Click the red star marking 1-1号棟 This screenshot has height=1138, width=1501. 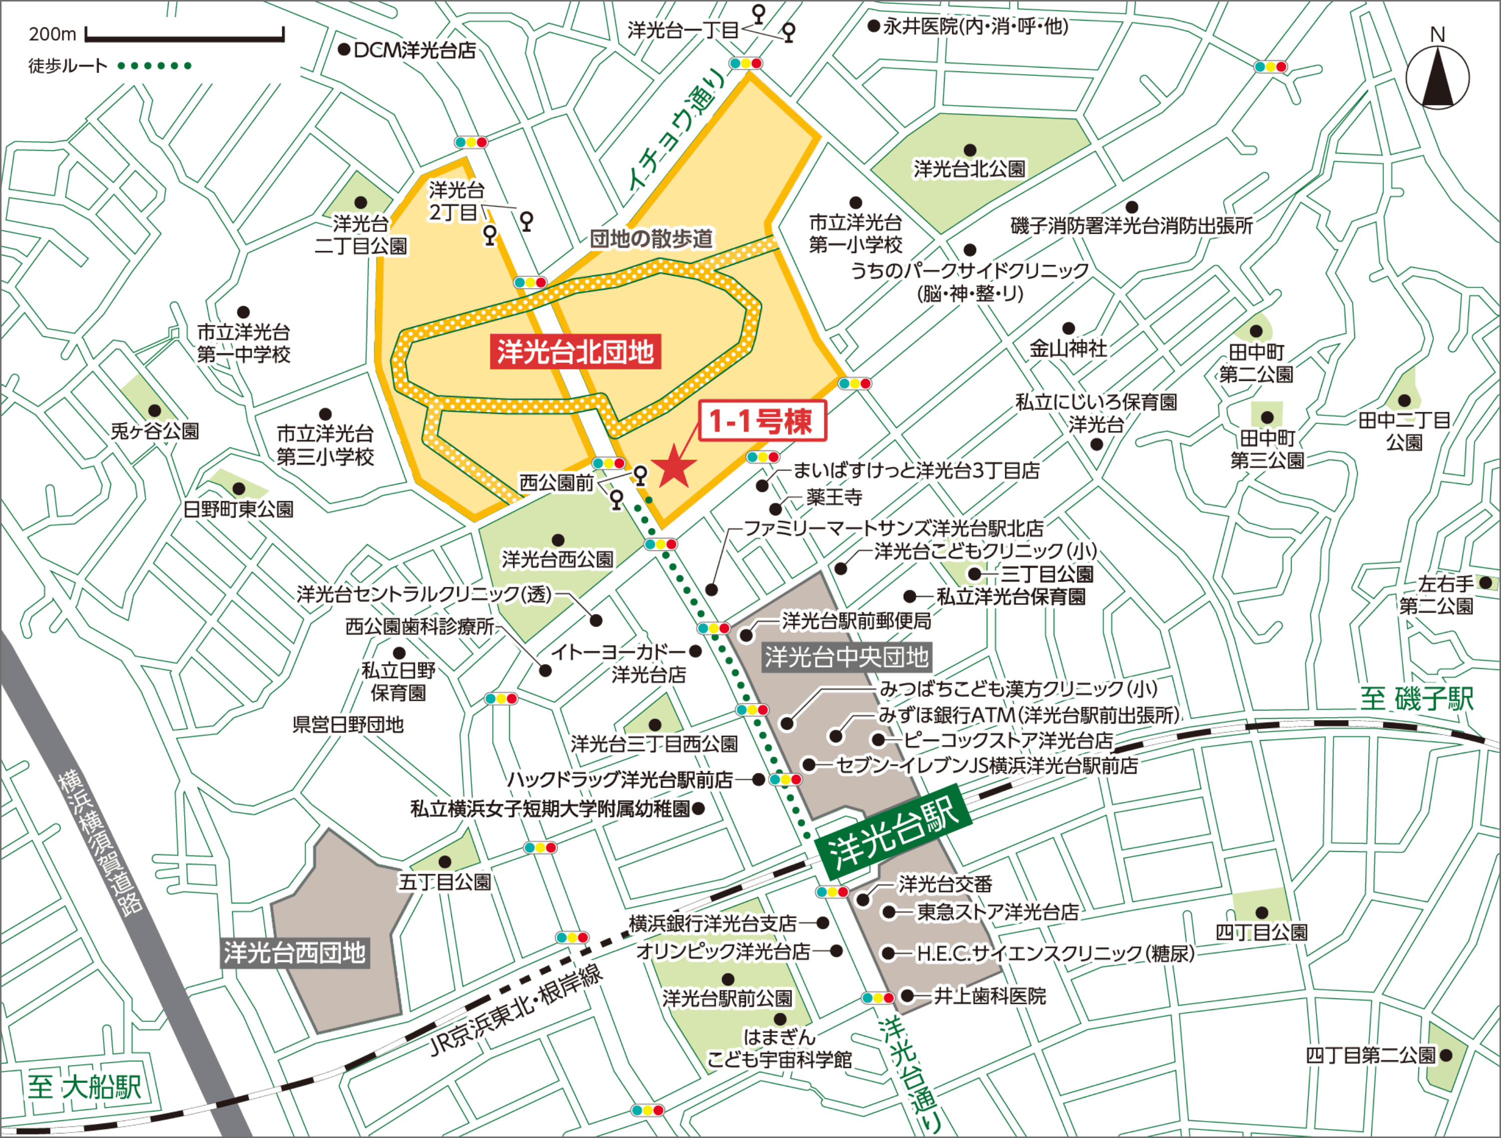[674, 465]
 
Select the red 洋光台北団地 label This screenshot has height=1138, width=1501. [575, 352]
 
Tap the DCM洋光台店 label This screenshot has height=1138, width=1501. [414, 50]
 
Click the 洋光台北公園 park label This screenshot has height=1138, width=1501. [969, 169]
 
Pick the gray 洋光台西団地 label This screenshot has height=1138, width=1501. [295, 953]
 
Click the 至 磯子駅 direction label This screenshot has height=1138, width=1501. [1417, 699]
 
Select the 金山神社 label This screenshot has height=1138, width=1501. [1068, 349]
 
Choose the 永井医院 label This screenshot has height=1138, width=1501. [976, 27]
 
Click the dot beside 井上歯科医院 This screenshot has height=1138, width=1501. [907, 995]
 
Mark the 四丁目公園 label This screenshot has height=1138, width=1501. [1261, 932]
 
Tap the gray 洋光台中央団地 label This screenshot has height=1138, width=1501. [846, 657]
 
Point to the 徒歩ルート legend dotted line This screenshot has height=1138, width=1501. [155, 66]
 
